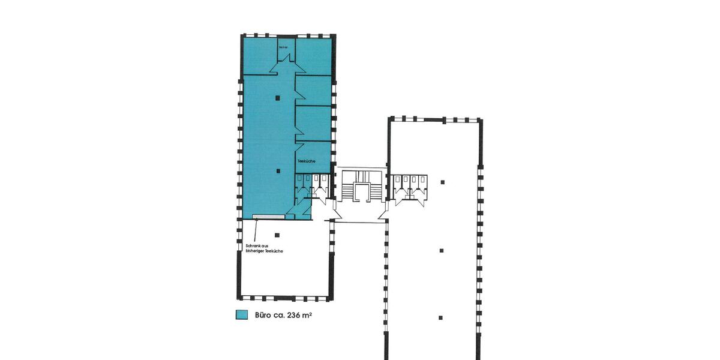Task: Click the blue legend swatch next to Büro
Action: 242,314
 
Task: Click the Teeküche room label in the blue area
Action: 307,161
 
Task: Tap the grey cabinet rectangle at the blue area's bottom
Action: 268,215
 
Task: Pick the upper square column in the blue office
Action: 277,97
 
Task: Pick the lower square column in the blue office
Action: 277,171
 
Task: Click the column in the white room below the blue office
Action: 277,235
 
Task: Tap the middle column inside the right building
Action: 442,250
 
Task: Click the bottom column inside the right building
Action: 441,317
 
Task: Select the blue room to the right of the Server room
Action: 313,56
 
